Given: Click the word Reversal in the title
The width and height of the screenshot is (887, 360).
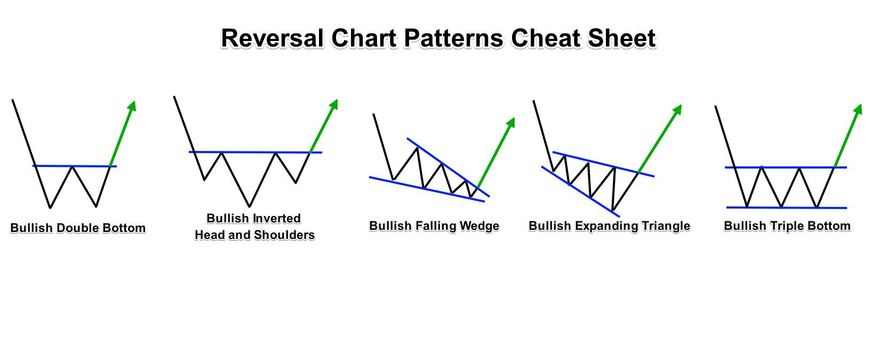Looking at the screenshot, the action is (x=272, y=38).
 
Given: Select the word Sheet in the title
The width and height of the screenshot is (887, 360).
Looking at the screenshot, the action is (x=622, y=38).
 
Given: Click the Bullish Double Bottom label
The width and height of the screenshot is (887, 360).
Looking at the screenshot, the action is (x=78, y=228).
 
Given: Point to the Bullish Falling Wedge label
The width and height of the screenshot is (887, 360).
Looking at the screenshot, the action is (x=434, y=226).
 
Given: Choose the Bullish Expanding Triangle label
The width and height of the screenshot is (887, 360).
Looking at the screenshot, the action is (x=610, y=226).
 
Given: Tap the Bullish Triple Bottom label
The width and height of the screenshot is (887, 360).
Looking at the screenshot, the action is (x=787, y=226).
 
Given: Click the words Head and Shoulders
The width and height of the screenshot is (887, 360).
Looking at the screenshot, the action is (x=254, y=235).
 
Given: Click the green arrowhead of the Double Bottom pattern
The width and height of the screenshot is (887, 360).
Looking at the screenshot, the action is (x=132, y=106).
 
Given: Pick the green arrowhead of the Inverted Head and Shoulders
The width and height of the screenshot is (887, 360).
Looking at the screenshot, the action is (x=334, y=104).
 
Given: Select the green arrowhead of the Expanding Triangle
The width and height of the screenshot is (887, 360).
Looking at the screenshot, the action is (x=677, y=110).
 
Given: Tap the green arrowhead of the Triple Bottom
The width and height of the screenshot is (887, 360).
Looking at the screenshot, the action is (x=858, y=109).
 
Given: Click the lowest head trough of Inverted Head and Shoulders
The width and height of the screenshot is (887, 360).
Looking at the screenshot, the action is (x=250, y=206).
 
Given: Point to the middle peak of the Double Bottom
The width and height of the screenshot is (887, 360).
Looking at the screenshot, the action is (x=72, y=167).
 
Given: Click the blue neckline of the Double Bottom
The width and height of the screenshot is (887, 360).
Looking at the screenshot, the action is (x=75, y=166).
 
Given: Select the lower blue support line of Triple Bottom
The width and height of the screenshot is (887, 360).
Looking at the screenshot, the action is (x=787, y=207).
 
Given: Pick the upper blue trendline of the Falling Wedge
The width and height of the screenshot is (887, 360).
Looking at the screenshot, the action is (x=448, y=167).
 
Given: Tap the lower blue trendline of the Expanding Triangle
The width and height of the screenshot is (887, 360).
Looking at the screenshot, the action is (x=580, y=191).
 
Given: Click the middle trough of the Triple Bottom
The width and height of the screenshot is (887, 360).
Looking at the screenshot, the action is (x=781, y=206).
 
